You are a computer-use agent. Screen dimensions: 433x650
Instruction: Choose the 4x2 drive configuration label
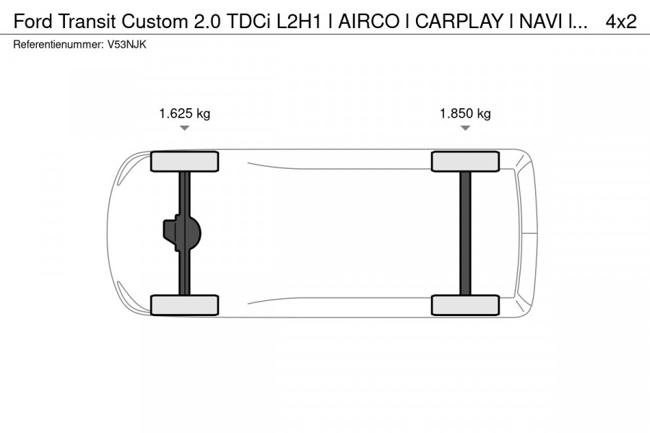coord(620,22)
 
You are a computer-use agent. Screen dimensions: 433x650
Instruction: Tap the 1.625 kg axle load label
coord(184,113)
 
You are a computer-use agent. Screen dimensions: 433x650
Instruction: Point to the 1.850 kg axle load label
coord(465,113)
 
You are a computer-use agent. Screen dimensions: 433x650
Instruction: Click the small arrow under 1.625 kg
coord(184,128)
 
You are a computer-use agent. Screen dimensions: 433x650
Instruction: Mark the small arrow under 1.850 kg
coord(465,128)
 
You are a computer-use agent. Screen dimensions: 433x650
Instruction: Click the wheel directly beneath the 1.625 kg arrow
coord(184,162)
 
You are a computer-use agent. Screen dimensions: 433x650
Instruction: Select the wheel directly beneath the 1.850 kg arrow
coord(465,162)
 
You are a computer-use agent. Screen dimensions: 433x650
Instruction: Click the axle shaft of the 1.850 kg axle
coord(465,233)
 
